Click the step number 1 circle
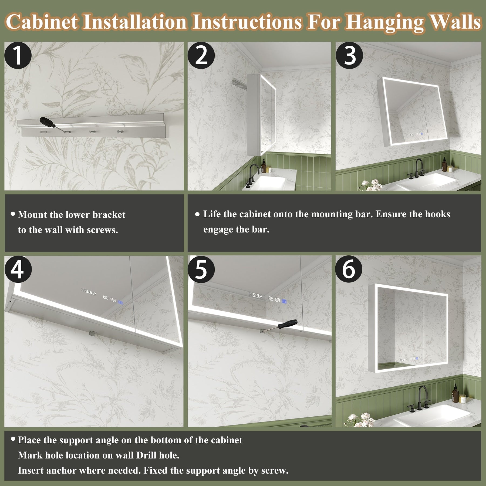tap(18, 55)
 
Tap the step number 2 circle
tap(201, 55)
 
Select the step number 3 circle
tap(349, 55)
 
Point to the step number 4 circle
tap(18, 269)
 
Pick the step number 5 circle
tap(201, 269)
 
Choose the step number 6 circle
tap(349, 269)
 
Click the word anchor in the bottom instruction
tap(61, 470)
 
